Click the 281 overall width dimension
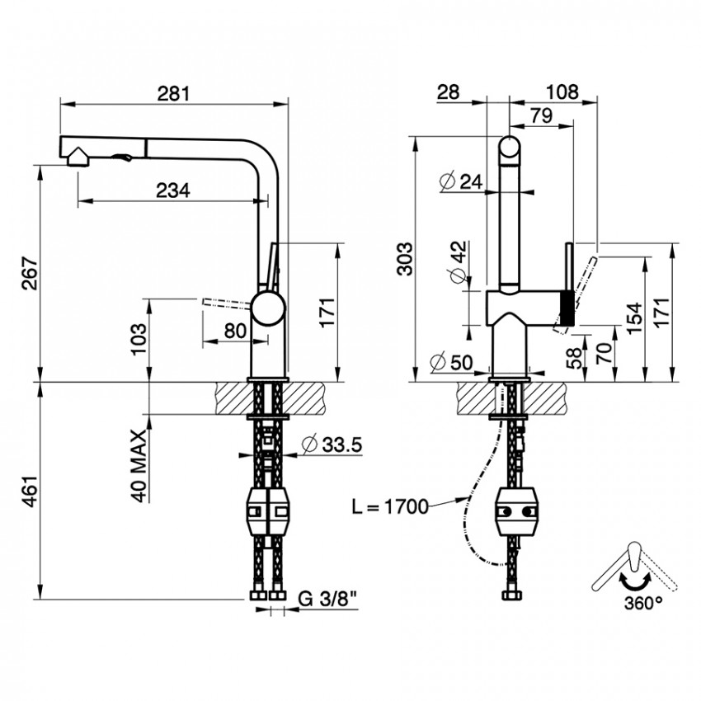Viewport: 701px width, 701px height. click(x=174, y=93)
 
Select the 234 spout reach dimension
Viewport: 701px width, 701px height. click(x=173, y=191)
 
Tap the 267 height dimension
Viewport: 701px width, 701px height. click(x=31, y=273)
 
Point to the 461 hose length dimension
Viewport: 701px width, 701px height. click(x=31, y=490)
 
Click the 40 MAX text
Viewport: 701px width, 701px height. click(x=139, y=466)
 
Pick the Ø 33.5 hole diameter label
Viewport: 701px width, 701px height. click(x=332, y=445)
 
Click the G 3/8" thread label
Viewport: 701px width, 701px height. click(x=327, y=599)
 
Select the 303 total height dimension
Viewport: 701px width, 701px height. click(x=406, y=258)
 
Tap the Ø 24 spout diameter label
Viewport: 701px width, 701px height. click(x=461, y=181)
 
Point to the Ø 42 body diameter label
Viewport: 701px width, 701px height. click(x=459, y=262)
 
